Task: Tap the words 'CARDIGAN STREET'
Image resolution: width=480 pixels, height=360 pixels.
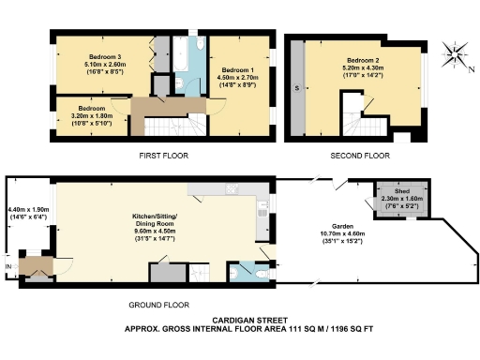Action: pos(239,320)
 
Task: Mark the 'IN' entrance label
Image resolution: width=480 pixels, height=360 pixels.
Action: pos(9,267)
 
